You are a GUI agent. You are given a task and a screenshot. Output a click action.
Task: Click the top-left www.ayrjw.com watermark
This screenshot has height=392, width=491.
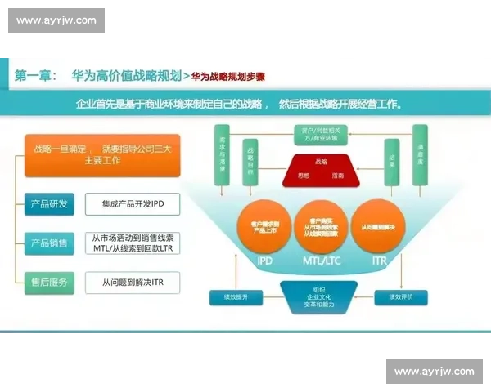pyautogui.click(x=56, y=20)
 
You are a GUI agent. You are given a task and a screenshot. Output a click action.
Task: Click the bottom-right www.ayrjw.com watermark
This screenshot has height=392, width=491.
pyautogui.click(x=434, y=372)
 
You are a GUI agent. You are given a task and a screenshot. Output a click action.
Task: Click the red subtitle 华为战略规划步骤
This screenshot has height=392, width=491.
pyautogui.click(x=228, y=77)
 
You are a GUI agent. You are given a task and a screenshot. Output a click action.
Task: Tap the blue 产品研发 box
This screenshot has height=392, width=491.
pyautogui.click(x=49, y=203)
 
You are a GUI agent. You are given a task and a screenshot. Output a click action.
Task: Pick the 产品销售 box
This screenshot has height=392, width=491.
pyautogui.click(x=49, y=243)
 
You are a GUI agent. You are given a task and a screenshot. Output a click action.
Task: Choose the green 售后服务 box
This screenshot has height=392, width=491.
pyautogui.click(x=49, y=283)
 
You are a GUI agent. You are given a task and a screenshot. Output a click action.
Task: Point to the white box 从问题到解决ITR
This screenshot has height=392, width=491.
pyautogui.click(x=132, y=283)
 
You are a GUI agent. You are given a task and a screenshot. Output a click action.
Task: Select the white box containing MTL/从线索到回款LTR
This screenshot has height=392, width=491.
pyautogui.click(x=132, y=243)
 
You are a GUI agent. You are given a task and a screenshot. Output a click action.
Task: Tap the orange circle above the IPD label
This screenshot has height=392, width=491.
pyautogui.click(x=264, y=225)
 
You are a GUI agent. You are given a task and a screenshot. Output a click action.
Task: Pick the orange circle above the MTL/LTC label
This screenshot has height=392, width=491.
pyautogui.click(x=322, y=225)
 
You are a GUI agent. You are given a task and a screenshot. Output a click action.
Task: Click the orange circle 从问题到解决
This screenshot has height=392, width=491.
pyautogui.click(x=378, y=225)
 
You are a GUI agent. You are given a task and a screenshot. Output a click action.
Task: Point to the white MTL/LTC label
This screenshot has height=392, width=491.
pyautogui.click(x=322, y=261)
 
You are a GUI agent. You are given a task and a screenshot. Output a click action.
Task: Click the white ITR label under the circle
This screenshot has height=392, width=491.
pyautogui.click(x=379, y=261)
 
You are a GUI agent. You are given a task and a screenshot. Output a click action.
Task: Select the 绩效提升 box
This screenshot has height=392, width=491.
pyautogui.click(x=236, y=296)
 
